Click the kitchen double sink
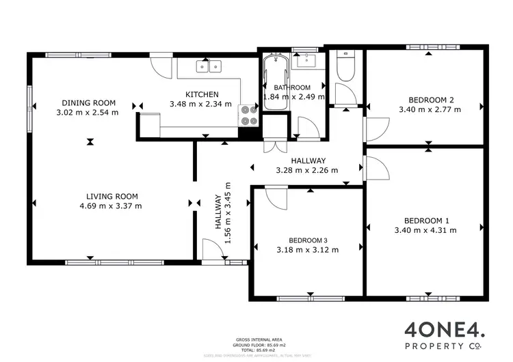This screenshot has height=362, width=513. click(x=210, y=66)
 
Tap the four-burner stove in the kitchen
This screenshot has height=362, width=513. click(x=248, y=116)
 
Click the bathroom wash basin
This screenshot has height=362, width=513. click(x=305, y=61)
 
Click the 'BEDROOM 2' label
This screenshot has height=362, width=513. click(x=427, y=98)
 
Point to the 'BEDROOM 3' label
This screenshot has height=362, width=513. click(x=308, y=240)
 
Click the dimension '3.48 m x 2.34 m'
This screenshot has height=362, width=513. click(x=202, y=105)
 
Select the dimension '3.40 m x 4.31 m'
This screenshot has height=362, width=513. click(x=427, y=230)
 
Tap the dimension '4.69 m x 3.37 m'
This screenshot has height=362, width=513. click(x=111, y=205)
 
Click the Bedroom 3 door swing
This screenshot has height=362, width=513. click(x=276, y=198)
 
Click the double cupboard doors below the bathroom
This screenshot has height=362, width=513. click(x=272, y=147)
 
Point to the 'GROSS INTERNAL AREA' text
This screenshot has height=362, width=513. click(x=256, y=339)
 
